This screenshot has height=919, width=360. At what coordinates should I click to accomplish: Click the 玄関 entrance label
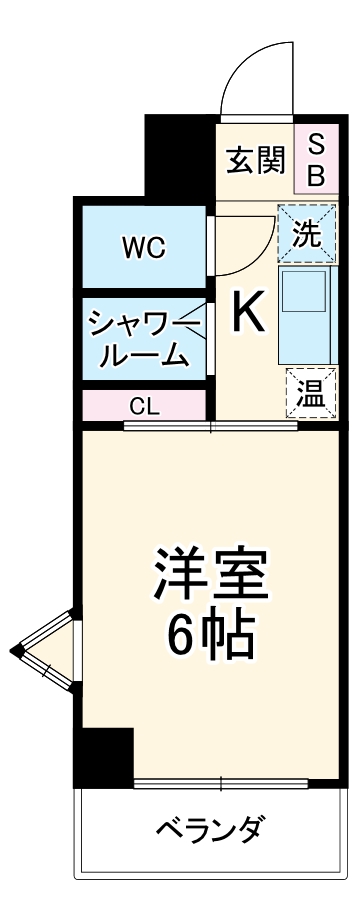coord(255,160)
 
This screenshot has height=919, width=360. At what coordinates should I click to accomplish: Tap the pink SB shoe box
coord(314,160)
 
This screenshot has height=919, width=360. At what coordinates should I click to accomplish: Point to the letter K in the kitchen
coord(249,313)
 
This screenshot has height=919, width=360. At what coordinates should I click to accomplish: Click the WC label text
coord(144,247)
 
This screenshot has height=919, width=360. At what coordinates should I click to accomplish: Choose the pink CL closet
coord(143,407)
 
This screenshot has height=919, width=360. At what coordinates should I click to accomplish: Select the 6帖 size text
coord(208,635)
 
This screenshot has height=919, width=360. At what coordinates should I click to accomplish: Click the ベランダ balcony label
coord(211,829)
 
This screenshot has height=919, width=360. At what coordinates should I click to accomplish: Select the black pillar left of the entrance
coord(180,155)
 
